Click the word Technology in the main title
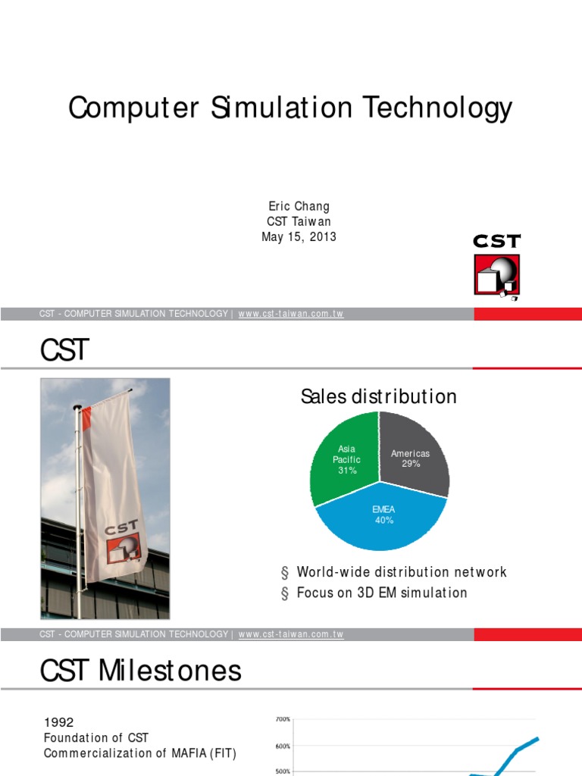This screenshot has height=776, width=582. tap(436, 108)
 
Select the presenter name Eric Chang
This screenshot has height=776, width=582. tap(299, 207)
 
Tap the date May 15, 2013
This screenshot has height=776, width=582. tap(299, 236)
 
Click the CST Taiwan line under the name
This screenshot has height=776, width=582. tap(299, 222)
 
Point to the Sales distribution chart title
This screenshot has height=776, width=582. tap(378, 396)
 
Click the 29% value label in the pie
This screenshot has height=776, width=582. tap(411, 464)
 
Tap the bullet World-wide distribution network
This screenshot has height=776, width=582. tap(401, 572)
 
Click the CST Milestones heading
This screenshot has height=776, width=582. tap(141, 670)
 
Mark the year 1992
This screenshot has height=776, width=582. tap(59, 722)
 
